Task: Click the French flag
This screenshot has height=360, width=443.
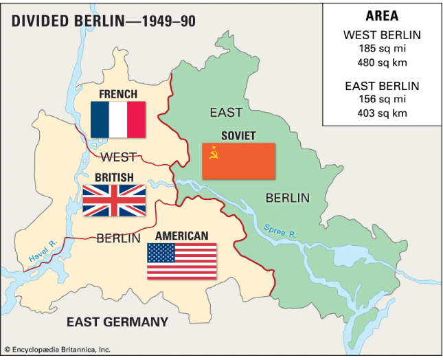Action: tap(118, 120)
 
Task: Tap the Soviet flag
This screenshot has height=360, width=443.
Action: tap(238, 161)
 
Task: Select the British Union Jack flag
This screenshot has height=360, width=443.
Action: tap(114, 200)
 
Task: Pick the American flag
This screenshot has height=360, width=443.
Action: tap(181, 261)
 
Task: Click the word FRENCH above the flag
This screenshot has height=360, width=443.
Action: tap(118, 94)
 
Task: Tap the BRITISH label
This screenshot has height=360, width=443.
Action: tap(114, 177)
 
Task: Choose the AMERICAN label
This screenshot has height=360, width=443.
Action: tap(181, 236)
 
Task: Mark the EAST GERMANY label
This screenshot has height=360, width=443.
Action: tap(117, 322)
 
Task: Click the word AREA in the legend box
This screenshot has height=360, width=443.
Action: tap(381, 16)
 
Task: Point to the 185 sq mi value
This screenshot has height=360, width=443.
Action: tap(381, 49)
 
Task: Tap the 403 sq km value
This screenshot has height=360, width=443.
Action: tap(381, 113)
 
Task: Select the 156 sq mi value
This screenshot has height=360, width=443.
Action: tap(381, 100)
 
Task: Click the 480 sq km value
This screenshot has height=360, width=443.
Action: tap(381, 62)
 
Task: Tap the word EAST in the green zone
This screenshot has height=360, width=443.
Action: tap(226, 112)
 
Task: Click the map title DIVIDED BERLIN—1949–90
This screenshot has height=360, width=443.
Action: tap(103, 21)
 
